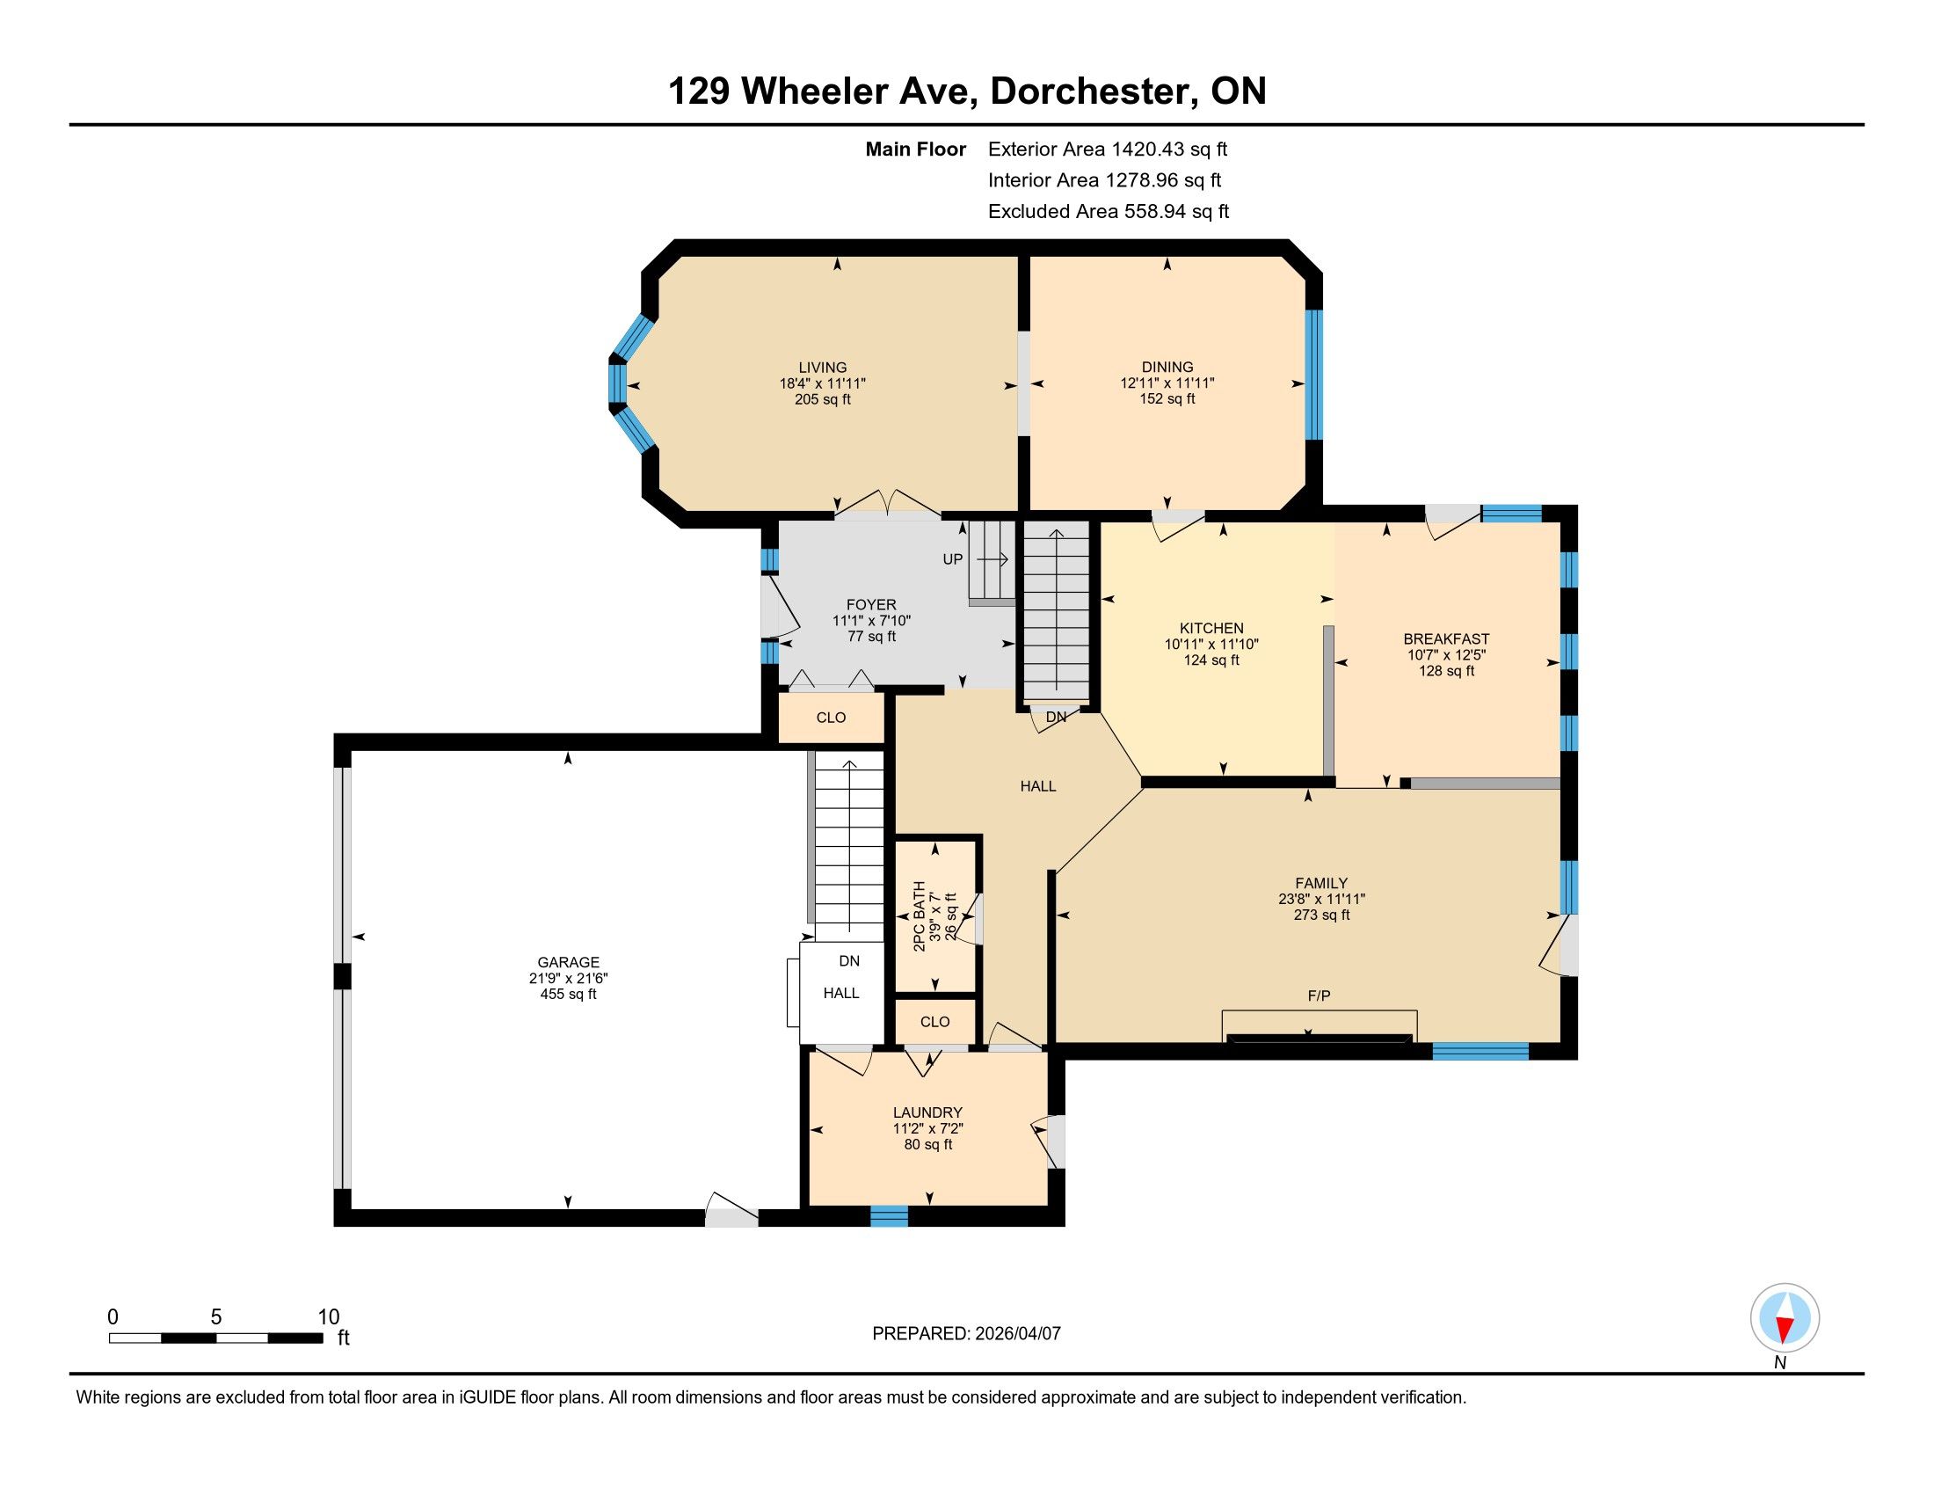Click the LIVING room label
823,368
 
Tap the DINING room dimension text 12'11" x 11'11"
1167,383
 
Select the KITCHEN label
1211,628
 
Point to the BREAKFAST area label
1446,639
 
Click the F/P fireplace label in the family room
1319,996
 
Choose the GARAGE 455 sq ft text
568,994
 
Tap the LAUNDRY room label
927,1112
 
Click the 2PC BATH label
920,915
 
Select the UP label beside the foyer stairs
952,559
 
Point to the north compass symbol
1785,1318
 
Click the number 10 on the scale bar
328,1317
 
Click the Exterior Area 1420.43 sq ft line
1108,149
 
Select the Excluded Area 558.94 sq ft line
1109,212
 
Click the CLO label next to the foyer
831,718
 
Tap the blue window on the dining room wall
1314,375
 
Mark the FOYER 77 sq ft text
871,636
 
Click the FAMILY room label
1321,883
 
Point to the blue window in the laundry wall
889,1216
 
